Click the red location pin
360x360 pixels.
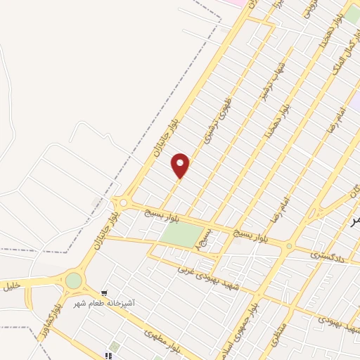pos(181,165)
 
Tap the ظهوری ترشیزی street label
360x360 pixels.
pos(218,120)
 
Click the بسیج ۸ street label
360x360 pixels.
pos(204,239)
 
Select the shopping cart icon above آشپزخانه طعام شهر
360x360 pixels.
pos(105,292)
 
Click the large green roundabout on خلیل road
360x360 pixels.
pos(74,281)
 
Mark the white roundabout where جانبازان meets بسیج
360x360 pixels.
pos(124,203)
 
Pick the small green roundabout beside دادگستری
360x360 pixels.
pos(288,246)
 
